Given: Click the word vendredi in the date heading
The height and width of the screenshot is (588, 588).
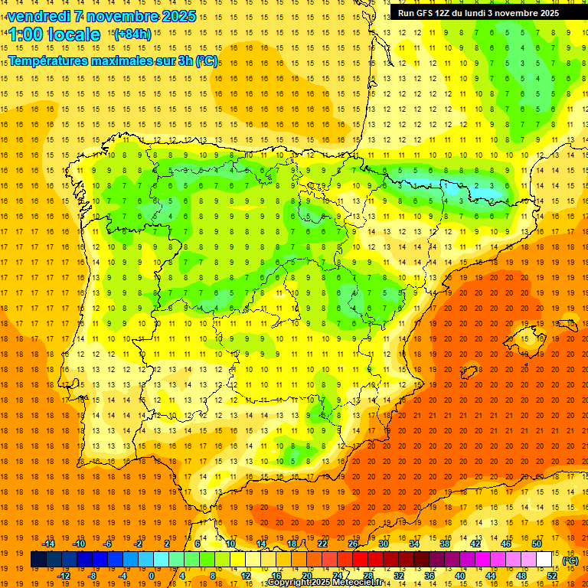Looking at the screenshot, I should (36, 16).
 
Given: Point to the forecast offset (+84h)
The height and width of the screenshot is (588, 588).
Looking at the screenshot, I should (132, 34).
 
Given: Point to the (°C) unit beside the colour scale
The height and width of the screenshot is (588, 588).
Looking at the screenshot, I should (570, 560).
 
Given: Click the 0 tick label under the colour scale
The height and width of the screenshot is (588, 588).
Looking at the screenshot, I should (152, 575).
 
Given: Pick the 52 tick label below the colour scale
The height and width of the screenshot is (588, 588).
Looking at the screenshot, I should (552, 575).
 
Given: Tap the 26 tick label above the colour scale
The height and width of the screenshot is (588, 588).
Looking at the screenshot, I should (353, 544).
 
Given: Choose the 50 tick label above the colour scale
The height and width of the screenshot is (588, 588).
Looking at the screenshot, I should (537, 544).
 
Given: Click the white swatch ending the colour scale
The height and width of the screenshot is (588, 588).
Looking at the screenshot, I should (544, 560).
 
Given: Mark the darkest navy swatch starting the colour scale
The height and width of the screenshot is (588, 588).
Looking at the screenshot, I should (38, 560).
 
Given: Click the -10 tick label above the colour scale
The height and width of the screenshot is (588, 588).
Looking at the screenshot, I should (78, 544).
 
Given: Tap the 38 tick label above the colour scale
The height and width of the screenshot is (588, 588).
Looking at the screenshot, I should (445, 544).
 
